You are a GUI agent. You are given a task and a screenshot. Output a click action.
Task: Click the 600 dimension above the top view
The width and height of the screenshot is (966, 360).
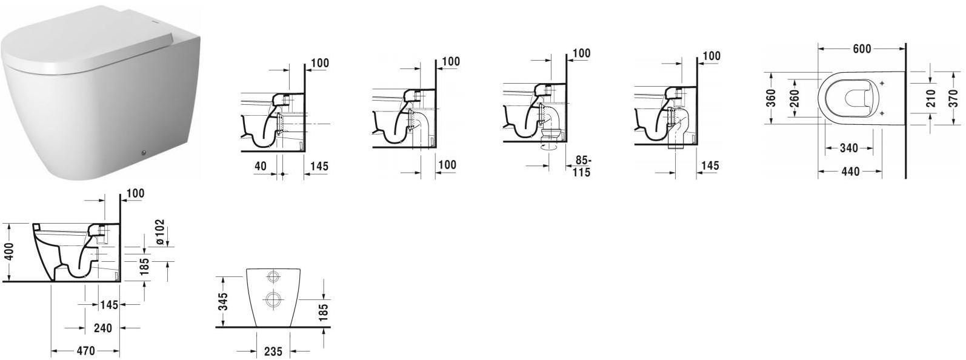pos(862,48)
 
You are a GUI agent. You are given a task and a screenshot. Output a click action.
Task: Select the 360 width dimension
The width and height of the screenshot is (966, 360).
pos(771,98)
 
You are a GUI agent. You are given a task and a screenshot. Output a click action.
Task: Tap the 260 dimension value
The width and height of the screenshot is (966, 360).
pos(794,98)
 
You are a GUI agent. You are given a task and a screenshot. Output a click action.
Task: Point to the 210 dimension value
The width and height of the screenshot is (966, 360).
pos(931,98)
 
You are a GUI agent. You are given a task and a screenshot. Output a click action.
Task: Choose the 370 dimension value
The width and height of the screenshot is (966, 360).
pos(953,98)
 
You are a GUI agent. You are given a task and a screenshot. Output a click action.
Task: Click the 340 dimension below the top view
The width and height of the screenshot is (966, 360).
pos(849,148)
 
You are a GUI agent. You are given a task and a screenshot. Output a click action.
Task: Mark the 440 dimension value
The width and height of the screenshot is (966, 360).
pos(850,171)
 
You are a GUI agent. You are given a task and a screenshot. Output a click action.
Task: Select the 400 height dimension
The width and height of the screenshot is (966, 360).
pos(10,252)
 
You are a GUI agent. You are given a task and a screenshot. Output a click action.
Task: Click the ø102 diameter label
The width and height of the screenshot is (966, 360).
pos(159,232)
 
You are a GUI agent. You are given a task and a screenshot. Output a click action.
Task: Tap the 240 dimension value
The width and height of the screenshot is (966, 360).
pos(102,328)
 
